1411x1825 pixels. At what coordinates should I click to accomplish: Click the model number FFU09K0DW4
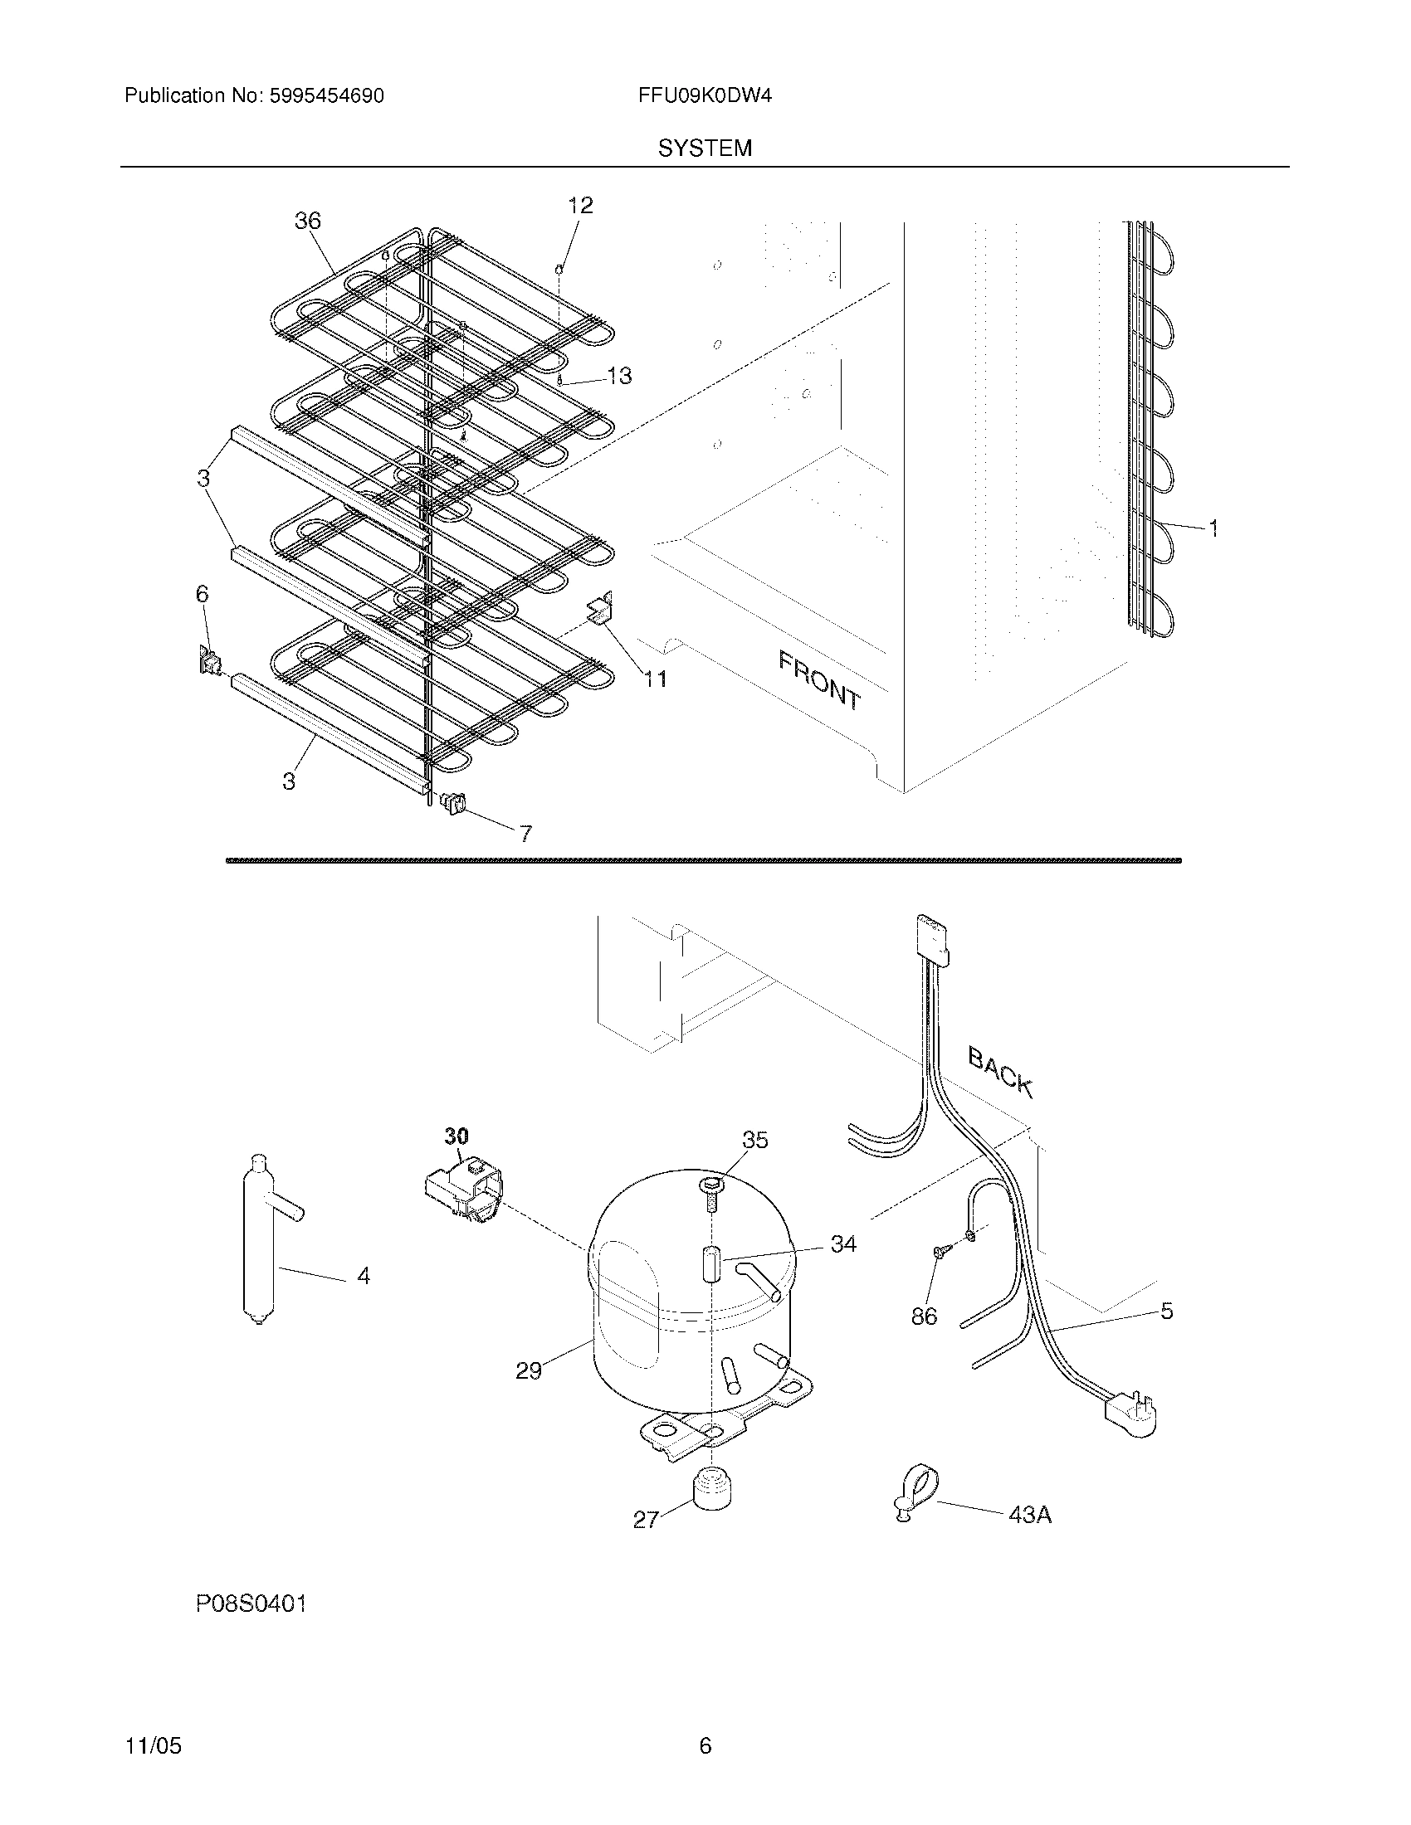(x=704, y=96)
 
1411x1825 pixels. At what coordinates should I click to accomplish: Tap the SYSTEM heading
(x=705, y=148)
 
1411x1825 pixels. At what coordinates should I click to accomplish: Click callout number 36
(x=308, y=221)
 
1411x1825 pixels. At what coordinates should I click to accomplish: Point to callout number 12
(x=580, y=206)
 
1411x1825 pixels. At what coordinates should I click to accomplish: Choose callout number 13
(x=619, y=376)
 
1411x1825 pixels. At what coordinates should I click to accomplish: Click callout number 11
(x=656, y=679)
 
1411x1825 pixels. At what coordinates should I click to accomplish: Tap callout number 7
(x=525, y=833)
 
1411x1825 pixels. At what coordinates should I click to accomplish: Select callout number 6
(x=202, y=594)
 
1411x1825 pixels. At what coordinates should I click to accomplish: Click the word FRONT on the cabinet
(x=819, y=680)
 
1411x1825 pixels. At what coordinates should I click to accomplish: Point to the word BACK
(x=1001, y=1072)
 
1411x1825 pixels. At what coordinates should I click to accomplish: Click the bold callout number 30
(x=456, y=1136)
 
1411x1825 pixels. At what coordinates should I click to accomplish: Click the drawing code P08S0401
(x=251, y=1604)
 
